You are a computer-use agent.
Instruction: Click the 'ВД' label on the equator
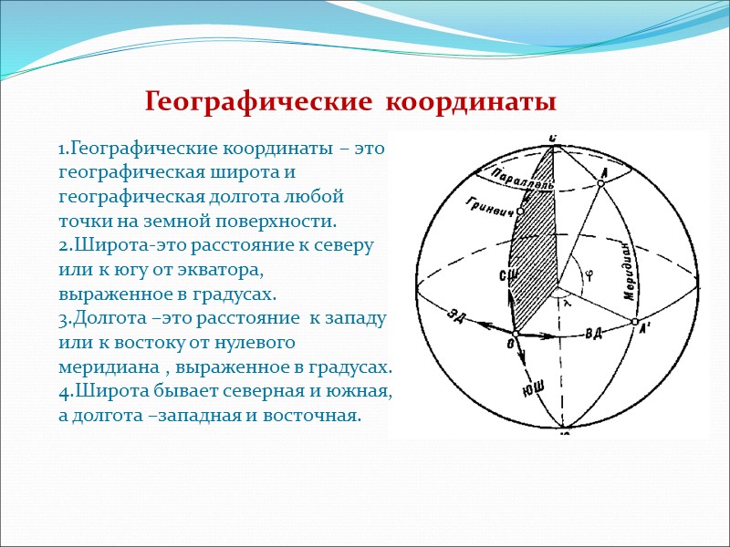click(x=593, y=334)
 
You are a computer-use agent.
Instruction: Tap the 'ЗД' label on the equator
click(x=458, y=315)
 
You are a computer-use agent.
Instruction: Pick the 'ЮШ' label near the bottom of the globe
click(x=533, y=387)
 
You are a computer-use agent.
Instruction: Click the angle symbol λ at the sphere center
click(x=568, y=304)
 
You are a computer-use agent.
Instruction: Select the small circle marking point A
click(x=600, y=183)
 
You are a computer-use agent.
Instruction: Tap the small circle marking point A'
click(x=634, y=322)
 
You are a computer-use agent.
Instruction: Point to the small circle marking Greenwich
click(x=520, y=212)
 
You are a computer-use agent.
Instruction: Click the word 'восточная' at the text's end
click(x=314, y=416)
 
